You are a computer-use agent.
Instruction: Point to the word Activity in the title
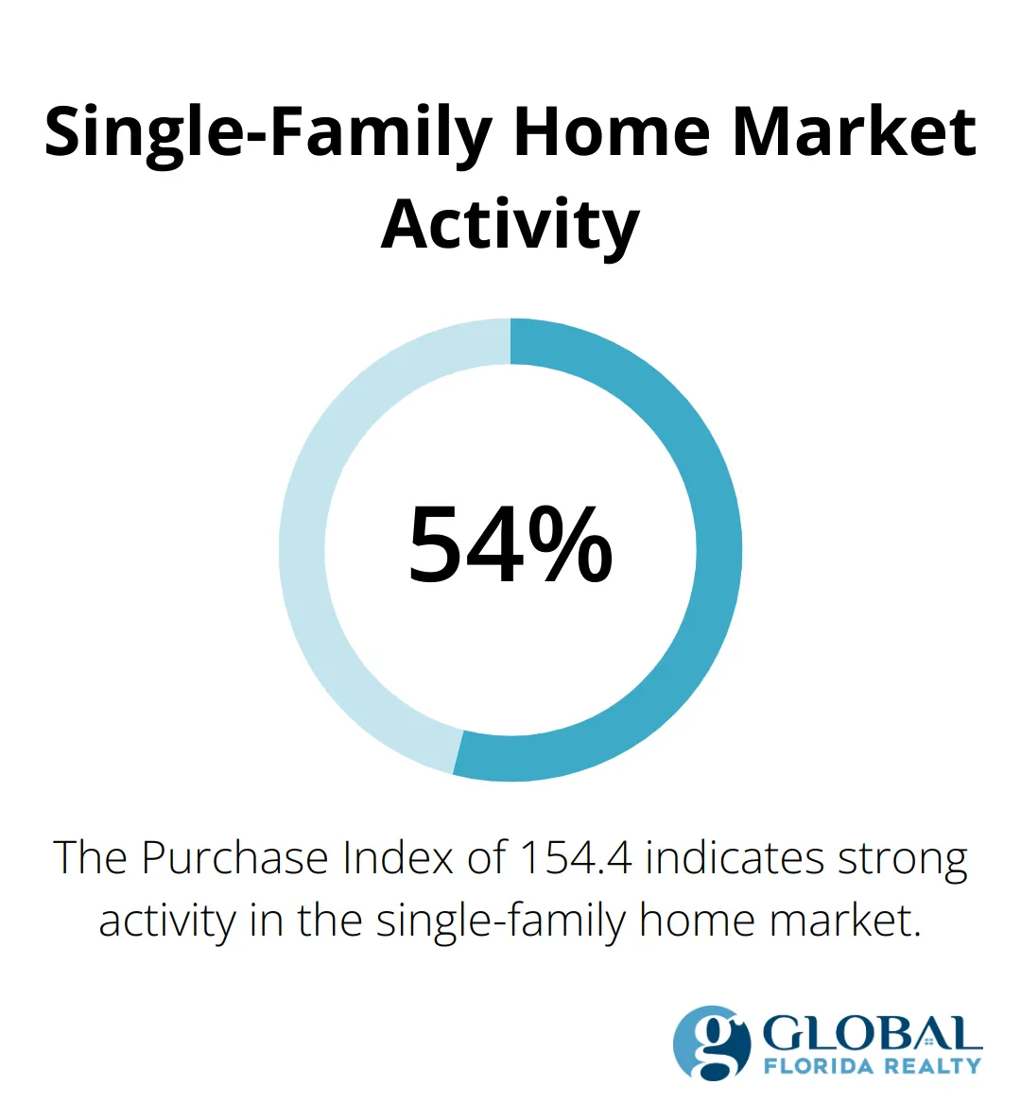tap(510, 224)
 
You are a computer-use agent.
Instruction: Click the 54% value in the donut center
tap(510, 545)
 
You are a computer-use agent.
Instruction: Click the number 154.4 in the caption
tap(577, 858)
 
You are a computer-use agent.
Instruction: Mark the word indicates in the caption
tap(723, 858)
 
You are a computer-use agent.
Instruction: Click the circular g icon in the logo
tap(712, 1043)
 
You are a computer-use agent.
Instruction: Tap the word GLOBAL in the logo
tap(872, 1034)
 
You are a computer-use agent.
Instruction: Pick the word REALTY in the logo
tap(932, 1066)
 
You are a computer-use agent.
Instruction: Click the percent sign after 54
tap(570, 545)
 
